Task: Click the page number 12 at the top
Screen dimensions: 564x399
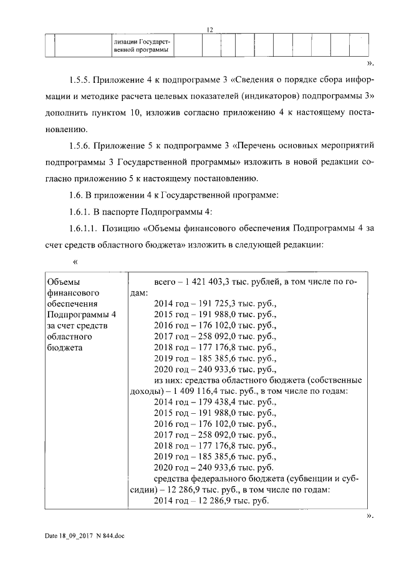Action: pos(210,29)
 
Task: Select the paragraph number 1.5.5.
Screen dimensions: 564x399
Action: pos(79,80)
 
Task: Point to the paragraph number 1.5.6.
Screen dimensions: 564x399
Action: pos(79,145)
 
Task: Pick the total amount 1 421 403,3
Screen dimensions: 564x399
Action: pos(208,282)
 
